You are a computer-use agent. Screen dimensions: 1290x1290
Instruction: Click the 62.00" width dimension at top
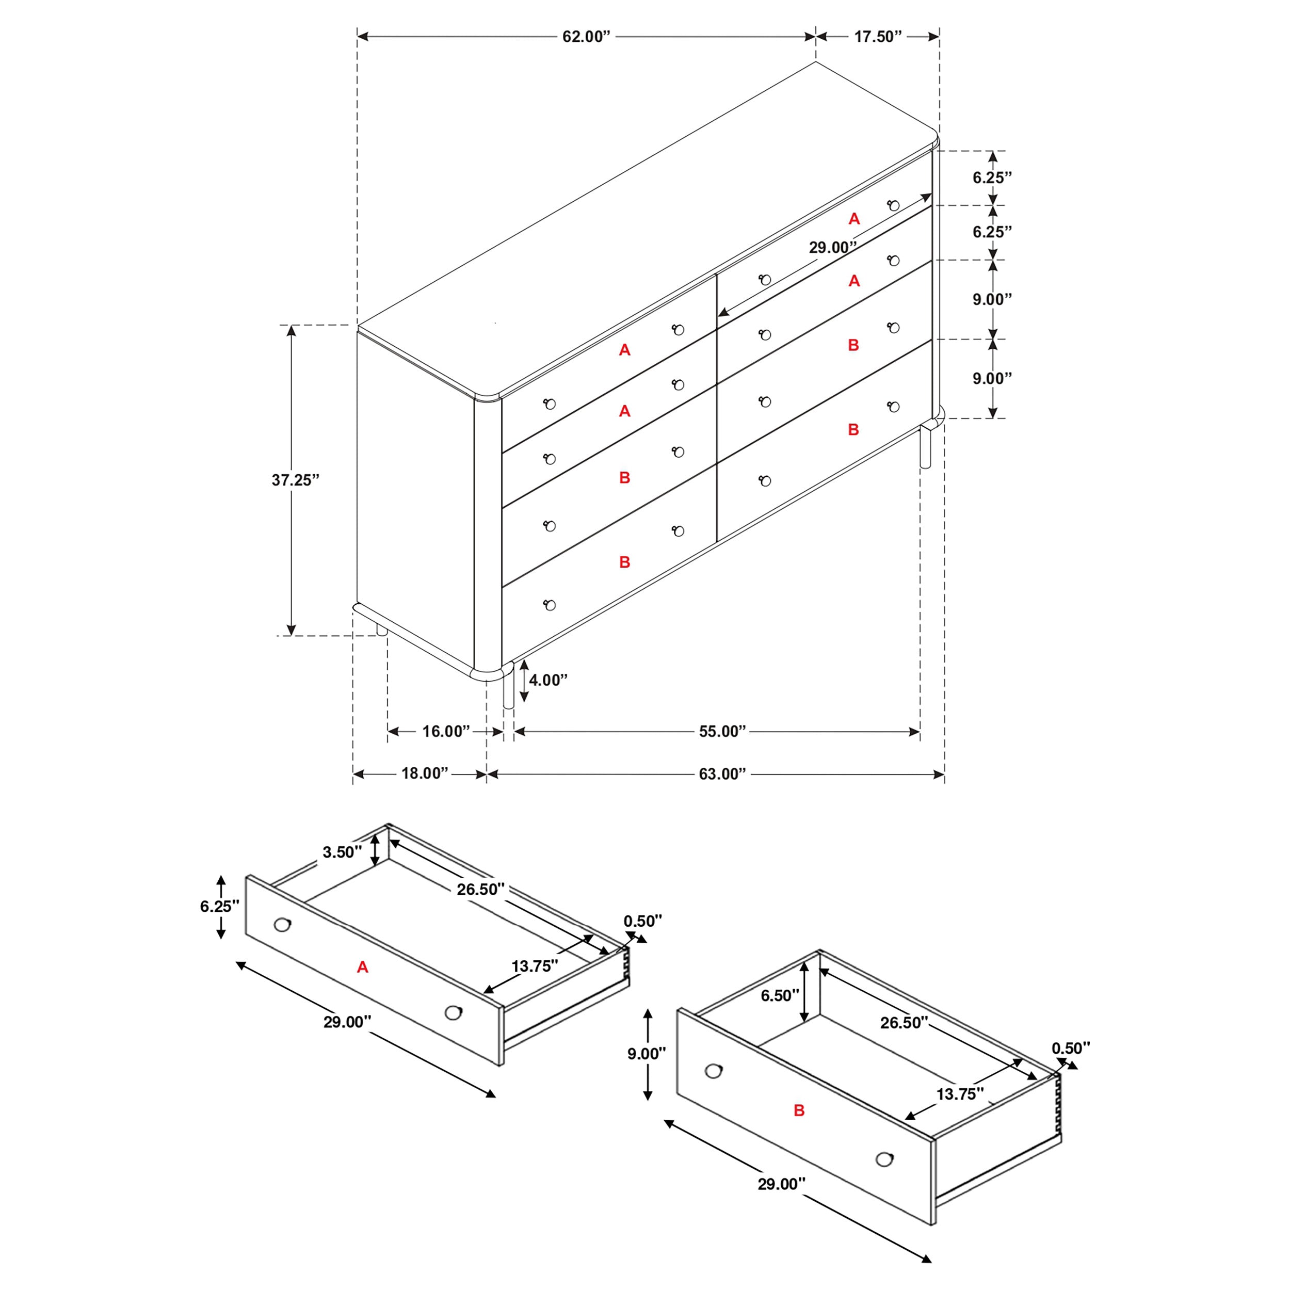[x=586, y=37]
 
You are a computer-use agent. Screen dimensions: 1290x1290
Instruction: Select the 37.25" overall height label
[x=295, y=480]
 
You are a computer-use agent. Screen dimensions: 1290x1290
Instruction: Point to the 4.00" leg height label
[x=548, y=680]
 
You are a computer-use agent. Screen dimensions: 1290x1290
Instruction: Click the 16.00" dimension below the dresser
[x=446, y=731]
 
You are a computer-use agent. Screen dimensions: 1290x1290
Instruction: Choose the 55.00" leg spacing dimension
[x=722, y=731]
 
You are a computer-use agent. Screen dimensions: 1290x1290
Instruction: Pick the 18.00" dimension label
[x=425, y=773]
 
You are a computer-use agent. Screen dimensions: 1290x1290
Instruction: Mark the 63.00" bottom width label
[x=722, y=774]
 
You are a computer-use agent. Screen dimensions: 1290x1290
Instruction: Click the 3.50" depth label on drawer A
[x=342, y=852]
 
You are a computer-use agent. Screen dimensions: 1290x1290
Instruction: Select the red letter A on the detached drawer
[x=363, y=967]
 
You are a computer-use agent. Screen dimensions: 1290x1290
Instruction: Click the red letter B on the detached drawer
[x=799, y=1110]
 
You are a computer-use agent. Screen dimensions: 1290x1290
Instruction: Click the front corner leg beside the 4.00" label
[x=509, y=688]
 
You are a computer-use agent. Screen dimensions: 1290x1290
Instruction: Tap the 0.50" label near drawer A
[x=642, y=921]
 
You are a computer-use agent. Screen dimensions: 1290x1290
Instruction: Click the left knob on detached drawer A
[x=282, y=925]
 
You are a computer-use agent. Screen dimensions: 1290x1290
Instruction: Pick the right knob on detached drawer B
[x=884, y=1159]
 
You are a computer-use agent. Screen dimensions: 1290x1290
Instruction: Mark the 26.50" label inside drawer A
[x=480, y=889]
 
